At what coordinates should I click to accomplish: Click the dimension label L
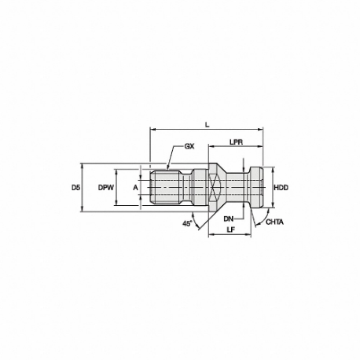click(x=208, y=125)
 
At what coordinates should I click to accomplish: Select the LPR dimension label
click(x=236, y=142)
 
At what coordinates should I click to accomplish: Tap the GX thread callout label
click(x=189, y=146)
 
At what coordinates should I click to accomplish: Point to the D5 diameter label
click(x=75, y=188)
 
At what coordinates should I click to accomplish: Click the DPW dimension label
click(x=106, y=188)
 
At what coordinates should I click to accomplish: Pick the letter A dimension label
click(x=135, y=188)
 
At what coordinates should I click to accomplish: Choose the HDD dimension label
click(x=281, y=188)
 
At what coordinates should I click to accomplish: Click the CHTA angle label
click(x=274, y=222)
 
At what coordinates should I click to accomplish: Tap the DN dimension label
click(x=229, y=219)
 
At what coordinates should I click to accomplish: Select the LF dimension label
click(x=230, y=230)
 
